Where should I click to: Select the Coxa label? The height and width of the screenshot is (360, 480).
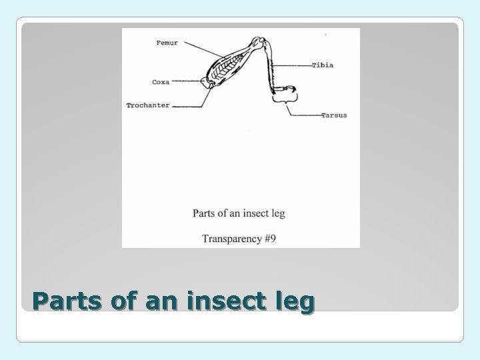pyautogui.click(x=161, y=82)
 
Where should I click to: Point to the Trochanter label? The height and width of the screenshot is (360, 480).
pyautogui.click(x=148, y=105)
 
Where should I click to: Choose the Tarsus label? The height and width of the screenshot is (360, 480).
pyautogui.click(x=333, y=115)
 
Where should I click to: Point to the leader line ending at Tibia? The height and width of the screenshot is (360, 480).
pyautogui.click(x=293, y=65)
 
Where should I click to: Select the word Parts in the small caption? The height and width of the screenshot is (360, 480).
pyautogui.click(x=204, y=213)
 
